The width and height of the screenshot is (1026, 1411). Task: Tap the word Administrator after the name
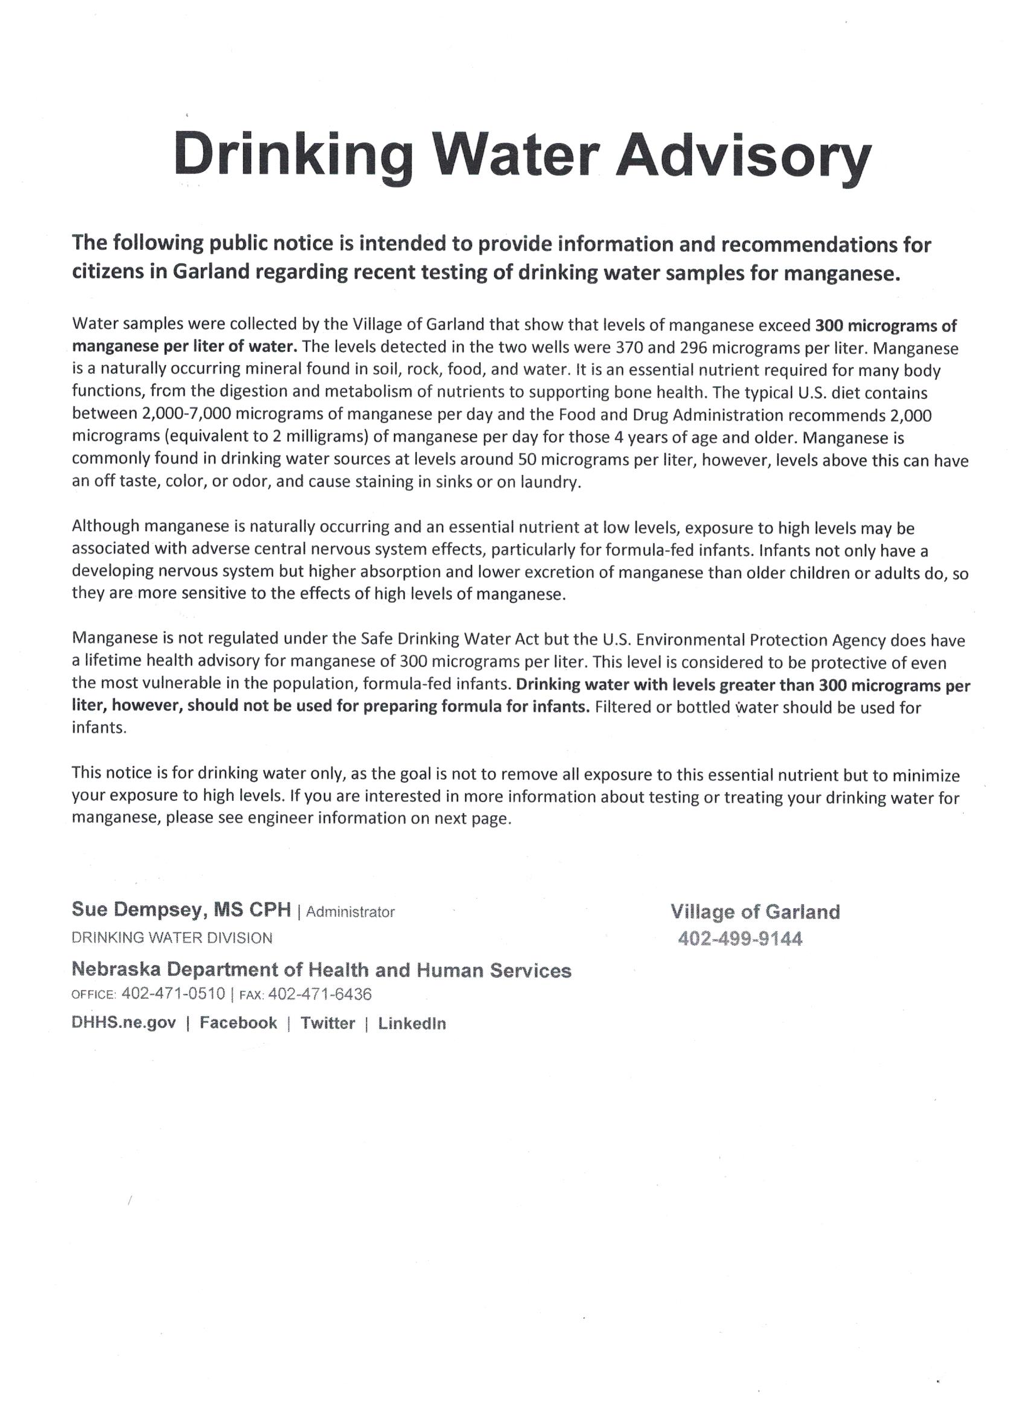click(x=350, y=912)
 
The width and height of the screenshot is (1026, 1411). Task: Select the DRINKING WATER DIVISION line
click(x=172, y=938)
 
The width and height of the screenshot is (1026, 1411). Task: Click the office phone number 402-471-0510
click(x=173, y=993)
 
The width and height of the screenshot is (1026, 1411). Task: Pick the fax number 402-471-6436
click(x=320, y=994)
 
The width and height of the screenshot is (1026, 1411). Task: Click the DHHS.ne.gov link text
click(x=124, y=1023)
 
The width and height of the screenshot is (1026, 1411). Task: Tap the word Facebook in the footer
click(x=238, y=1023)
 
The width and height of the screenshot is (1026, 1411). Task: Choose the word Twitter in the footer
click(x=328, y=1023)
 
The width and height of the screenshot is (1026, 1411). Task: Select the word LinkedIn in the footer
click(x=412, y=1024)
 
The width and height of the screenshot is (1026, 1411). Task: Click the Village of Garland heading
click(x=755, y=912)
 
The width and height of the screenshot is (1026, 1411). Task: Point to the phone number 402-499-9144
click(x=740, y=938)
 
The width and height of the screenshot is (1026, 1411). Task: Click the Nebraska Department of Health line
click(x=321, y=970)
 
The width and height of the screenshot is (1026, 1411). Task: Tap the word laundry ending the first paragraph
click(x=552, y=483)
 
